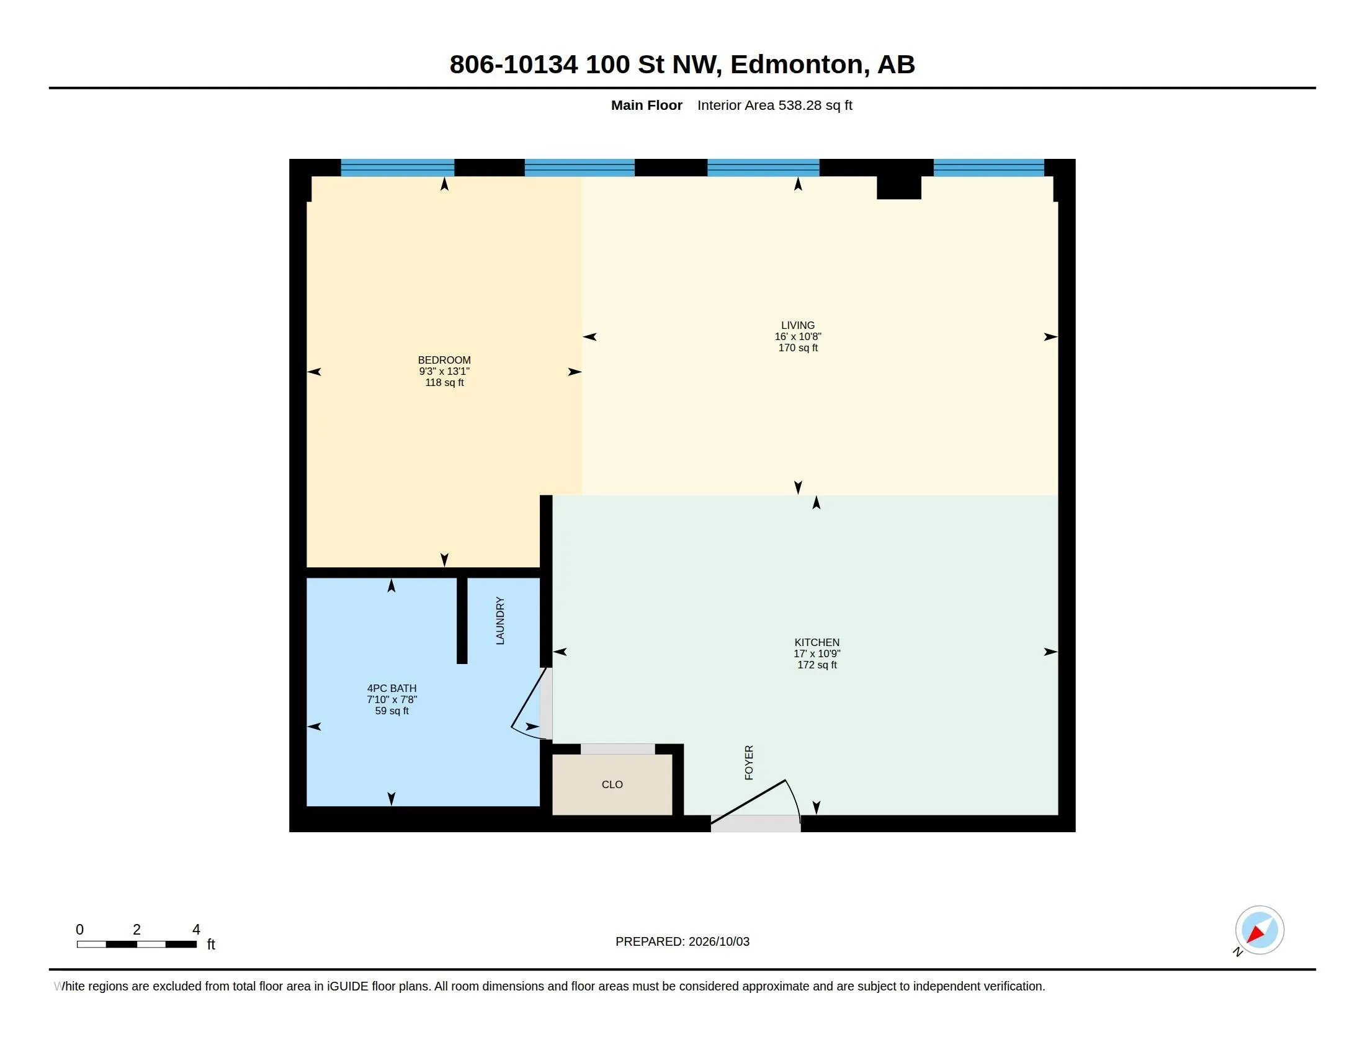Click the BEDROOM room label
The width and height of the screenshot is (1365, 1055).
444,360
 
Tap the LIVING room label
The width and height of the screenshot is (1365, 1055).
797,326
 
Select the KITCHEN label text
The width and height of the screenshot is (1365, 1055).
817,642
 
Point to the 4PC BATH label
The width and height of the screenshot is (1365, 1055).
392,689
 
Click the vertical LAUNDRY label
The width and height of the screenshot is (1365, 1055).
500,621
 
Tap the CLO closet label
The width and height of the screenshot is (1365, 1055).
612,785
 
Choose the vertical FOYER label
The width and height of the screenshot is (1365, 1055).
749,763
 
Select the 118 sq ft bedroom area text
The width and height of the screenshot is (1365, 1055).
444,382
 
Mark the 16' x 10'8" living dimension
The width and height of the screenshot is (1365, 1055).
797,337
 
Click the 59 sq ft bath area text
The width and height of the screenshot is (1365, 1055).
392,711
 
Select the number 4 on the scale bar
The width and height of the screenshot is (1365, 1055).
195,930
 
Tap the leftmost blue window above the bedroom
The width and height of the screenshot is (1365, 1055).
398,168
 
